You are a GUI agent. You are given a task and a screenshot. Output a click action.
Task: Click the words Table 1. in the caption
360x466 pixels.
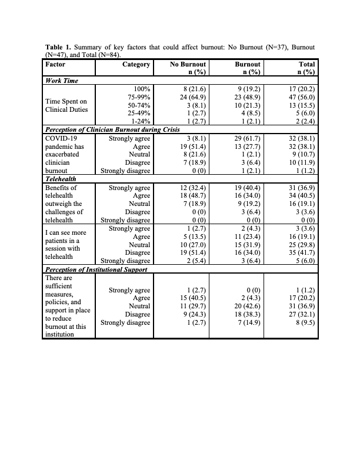(59, 46)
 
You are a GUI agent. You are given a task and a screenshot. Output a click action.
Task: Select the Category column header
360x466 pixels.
(136, 64)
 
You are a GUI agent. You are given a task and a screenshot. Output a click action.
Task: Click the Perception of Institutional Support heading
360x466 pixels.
(96, 269)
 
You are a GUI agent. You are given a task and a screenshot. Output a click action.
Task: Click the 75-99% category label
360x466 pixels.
(139, 96)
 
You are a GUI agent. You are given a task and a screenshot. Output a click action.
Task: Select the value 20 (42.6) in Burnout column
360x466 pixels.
(247, 307)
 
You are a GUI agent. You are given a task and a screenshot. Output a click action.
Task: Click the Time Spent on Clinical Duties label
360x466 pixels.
(66, 106)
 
